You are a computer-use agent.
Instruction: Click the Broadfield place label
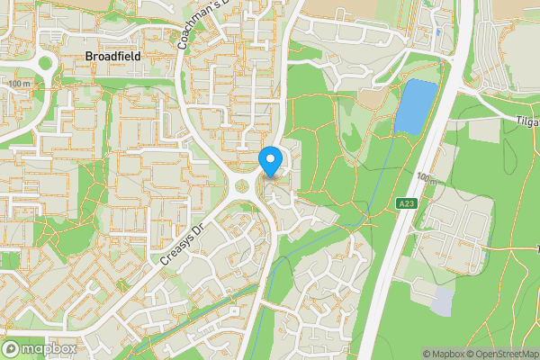click(x=112, y=56)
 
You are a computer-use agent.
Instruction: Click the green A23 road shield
click(x=408, y=205)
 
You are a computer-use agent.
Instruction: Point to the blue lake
click(x=414, y=106)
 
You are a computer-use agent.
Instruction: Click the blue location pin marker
click(x=271, y=161)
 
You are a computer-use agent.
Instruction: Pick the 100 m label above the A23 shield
click(x=426, y=180)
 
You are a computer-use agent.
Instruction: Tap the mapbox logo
click(x=38, y=348)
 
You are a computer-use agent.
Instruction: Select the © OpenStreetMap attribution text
click(x=505, y=354)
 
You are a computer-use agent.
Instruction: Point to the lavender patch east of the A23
click(x=444, y=301)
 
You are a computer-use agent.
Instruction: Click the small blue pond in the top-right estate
click(x=438, y=32)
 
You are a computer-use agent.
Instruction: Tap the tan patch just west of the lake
click(x=376, y=97)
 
